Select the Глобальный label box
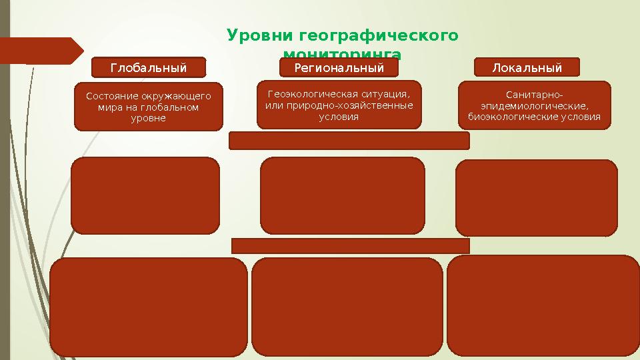point(148,67)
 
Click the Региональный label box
point(339,67)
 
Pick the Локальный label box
point(527,67)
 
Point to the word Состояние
point(113,97)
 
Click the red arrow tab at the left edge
point(40,51)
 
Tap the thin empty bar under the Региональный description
point(349,141)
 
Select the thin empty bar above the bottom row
point(350,246)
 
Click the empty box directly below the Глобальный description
point(145,195)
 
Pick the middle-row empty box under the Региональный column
point(342,195)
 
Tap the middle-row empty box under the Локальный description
point(536,197)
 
